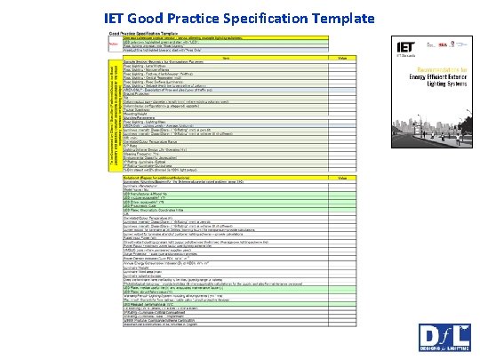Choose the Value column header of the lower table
[342, 178]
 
